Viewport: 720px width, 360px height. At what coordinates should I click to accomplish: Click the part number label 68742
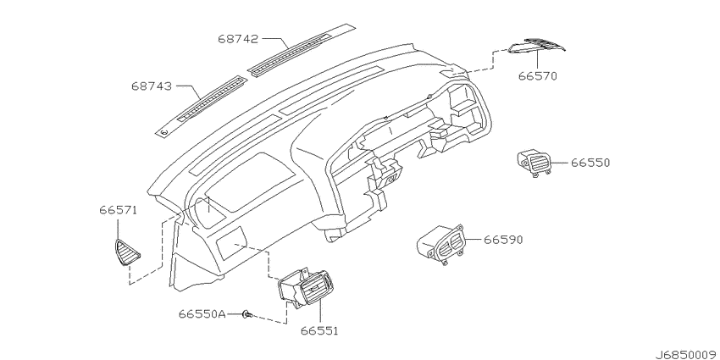point(238,39)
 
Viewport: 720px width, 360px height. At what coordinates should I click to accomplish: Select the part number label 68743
point(152,86)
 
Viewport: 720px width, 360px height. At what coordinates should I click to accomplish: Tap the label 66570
point(538,75)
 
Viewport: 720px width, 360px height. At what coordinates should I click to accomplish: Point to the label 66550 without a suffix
point(590,163)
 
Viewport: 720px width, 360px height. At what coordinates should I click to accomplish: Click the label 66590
point(504,240)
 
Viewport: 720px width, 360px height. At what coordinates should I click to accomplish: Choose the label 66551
point(319,330)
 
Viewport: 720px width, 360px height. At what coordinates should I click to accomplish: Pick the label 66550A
point(202,314)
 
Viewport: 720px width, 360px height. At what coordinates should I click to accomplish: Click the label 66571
point(118,210)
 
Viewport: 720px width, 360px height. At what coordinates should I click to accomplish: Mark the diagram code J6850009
point(686,355)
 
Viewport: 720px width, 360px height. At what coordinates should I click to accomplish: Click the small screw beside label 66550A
point(247,314)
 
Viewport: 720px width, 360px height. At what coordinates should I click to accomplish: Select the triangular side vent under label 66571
point(127,252)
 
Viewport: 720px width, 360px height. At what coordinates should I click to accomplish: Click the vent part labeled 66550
point(534,163)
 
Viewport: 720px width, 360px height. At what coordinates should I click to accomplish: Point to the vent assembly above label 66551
point(305,289)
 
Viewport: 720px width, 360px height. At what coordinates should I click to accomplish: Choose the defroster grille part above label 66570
point(537,46)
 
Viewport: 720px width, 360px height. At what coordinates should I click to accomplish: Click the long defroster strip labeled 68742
point(302,50)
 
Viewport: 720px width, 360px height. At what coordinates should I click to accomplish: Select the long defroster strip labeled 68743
point(201,106)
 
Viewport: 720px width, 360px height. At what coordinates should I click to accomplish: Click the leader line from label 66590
point(473,239)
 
